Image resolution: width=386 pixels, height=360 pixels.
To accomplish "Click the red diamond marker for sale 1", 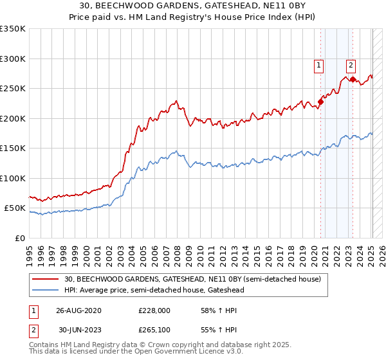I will coord(320,102).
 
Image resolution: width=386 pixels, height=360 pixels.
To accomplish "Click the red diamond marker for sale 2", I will coord(353,79).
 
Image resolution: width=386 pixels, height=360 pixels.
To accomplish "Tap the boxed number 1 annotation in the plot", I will coord(319,64).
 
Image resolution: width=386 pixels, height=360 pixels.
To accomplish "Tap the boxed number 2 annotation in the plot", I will coord(351,64).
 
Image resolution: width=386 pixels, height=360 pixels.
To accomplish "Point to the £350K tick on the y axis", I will coord(13,29).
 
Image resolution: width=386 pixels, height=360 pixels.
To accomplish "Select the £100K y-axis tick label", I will coord(13,178).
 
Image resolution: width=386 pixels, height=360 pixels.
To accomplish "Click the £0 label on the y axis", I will coord(21,238).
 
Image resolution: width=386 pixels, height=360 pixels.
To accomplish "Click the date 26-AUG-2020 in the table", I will coord(78,310).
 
